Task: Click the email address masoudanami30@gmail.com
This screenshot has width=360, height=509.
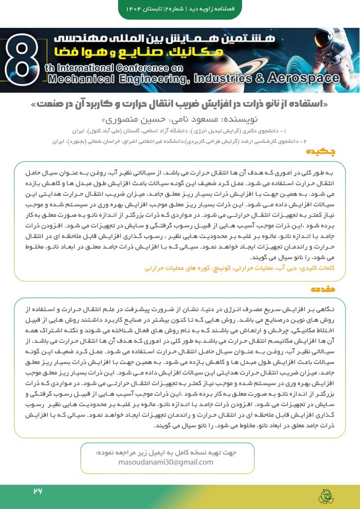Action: [166, 462]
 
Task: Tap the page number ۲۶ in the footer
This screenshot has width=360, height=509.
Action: [38, 491]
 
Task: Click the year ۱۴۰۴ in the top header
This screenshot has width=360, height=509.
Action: [134, 9]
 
